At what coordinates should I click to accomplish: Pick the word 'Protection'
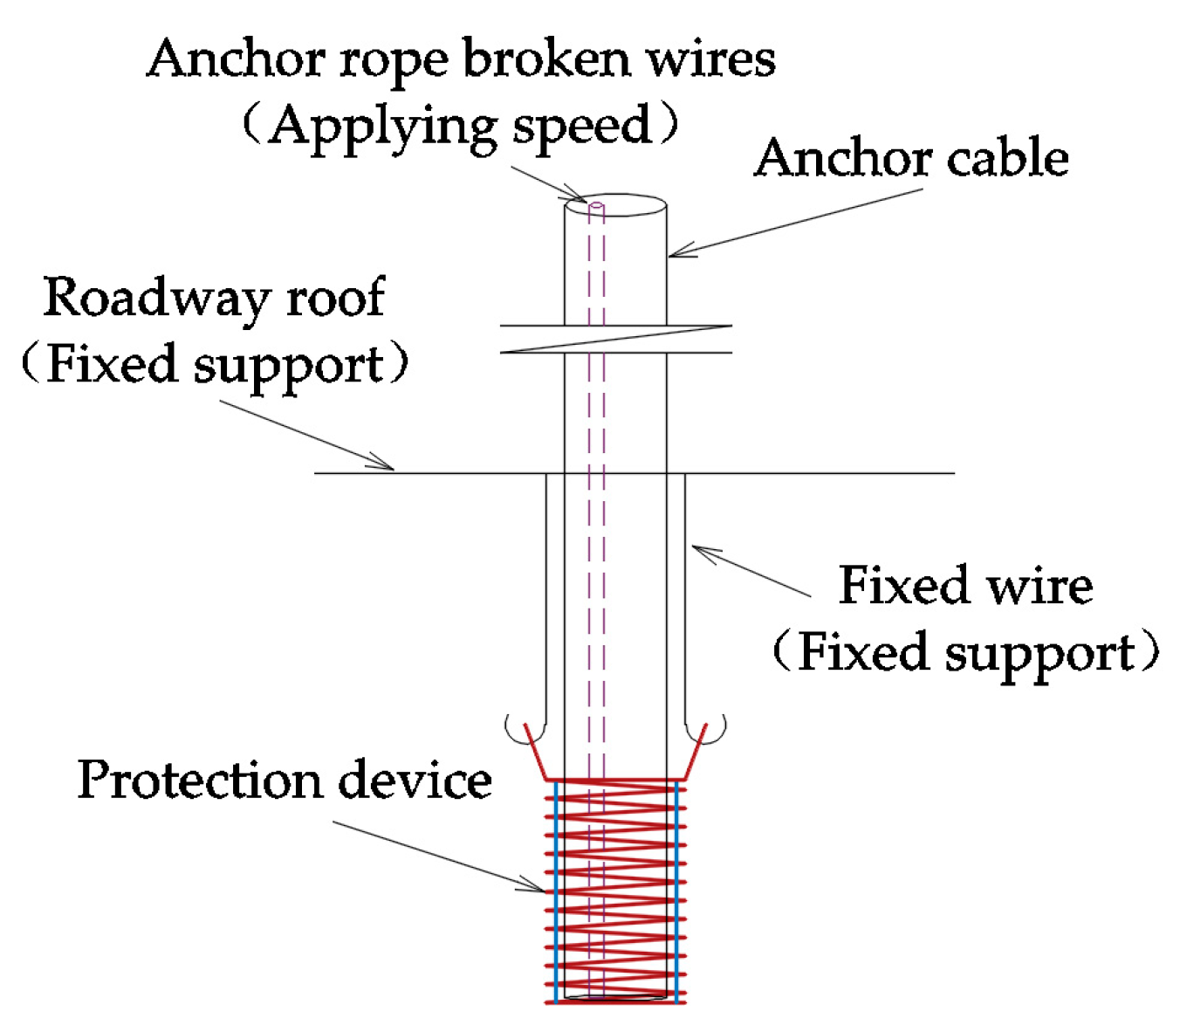200,780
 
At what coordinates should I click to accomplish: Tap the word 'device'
415,780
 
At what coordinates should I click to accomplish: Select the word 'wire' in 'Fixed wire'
1036,585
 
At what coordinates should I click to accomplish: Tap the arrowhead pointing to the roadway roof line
384,464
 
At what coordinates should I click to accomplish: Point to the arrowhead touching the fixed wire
702,552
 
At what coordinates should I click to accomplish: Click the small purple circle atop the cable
597,207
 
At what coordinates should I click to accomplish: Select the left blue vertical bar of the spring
556,891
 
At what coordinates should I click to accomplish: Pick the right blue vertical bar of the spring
676,891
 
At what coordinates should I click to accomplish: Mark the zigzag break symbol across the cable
615,339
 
